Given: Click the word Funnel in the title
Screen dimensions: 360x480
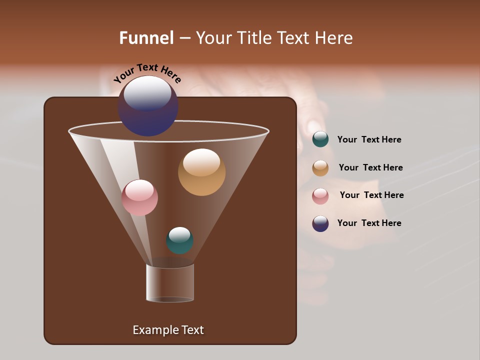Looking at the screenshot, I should (x=146, y=38).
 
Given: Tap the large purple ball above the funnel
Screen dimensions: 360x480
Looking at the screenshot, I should (x=148, y=106).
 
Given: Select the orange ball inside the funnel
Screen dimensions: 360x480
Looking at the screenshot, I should (x=201, y=172).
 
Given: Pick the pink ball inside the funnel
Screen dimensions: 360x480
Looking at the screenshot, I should (x=139, y=197).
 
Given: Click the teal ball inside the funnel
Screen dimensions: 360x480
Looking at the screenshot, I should (x=179, y=240).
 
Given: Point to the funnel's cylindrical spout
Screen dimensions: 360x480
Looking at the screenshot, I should (x=170, y=283).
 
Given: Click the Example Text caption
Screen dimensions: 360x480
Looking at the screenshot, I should (x=168, y=330).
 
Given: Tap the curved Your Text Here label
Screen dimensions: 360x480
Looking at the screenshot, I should (x=147, y=73).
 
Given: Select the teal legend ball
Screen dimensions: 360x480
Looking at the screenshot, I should (x=320, y=139).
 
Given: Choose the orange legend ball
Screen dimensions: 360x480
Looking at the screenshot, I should (x=320, y=168).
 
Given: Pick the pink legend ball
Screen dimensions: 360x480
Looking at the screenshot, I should (x=320, y=196).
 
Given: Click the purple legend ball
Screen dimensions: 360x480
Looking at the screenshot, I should (x=320, y=223).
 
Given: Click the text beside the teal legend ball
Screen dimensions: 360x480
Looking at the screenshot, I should (x=369, y=140).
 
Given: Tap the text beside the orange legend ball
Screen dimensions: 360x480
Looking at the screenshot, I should (x=370, y=168).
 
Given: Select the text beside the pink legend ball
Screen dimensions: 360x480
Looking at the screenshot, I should (x=371, y=195).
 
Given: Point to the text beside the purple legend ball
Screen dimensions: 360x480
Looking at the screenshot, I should (x=369, y=223).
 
